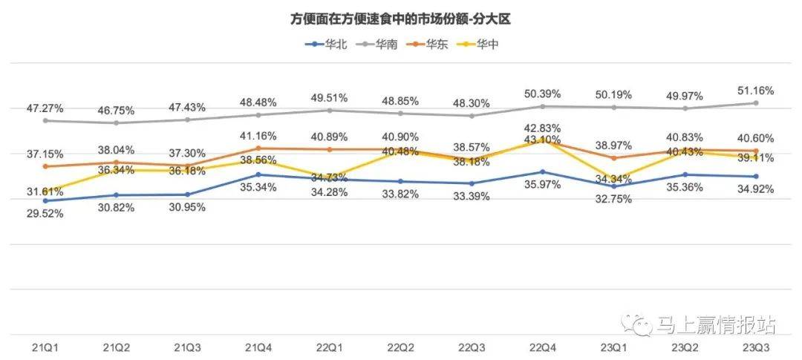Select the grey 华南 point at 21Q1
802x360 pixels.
point(45,120)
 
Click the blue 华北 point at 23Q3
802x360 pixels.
point(756,177)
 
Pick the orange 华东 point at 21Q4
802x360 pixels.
point(258,148)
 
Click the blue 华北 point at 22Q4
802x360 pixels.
point(544,171)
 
